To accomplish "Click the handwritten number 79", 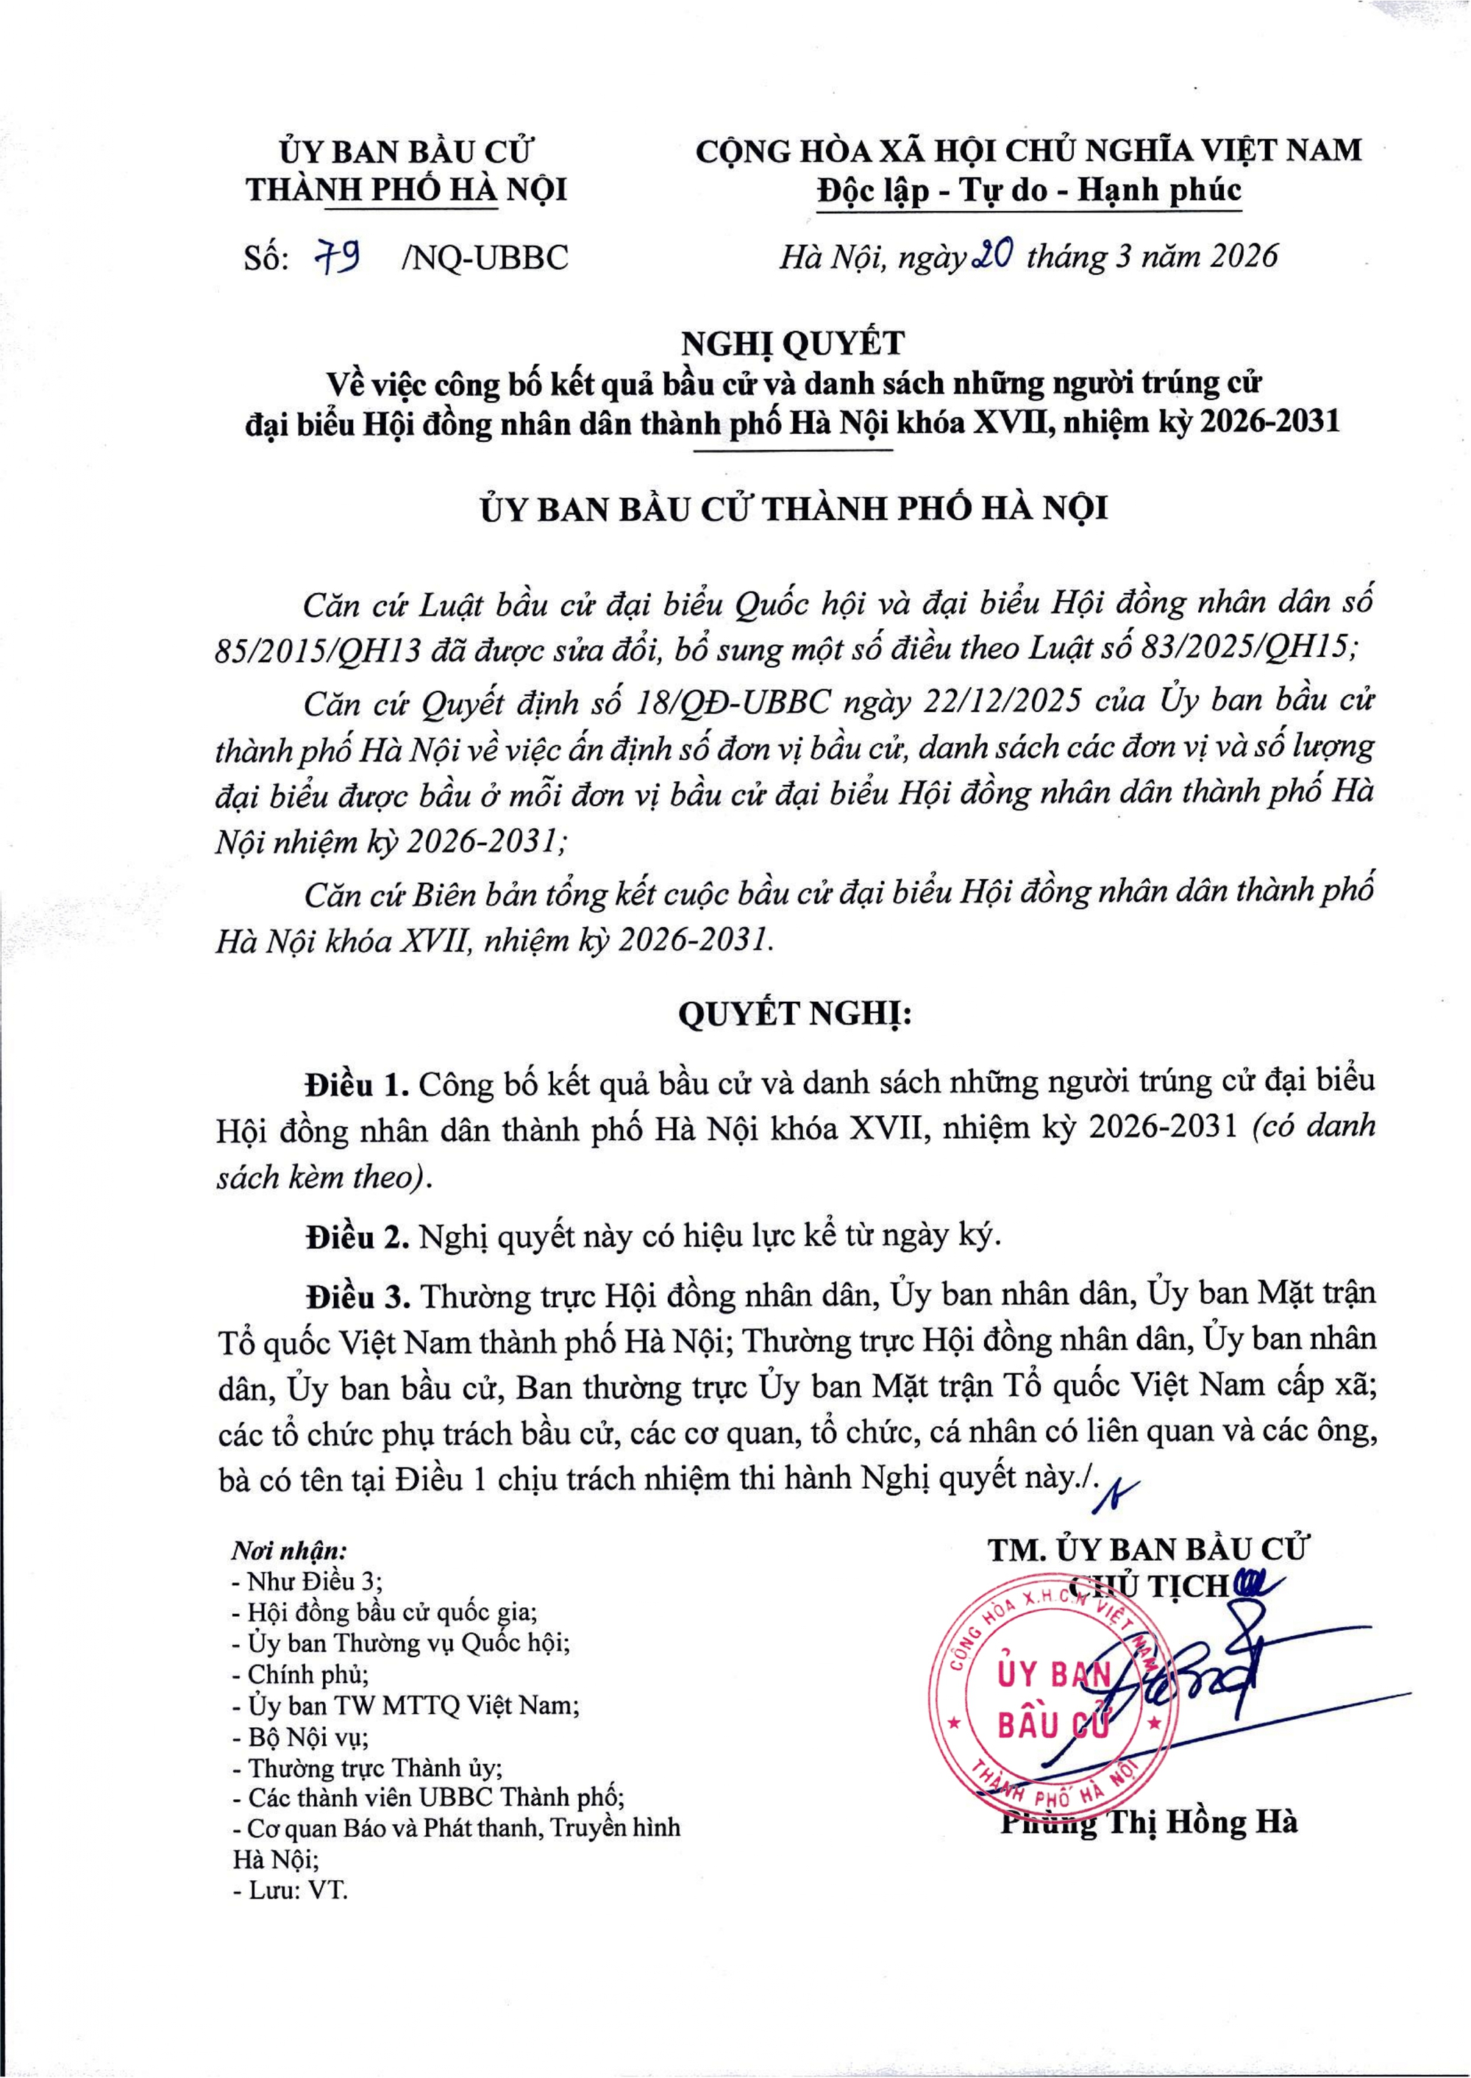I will [x=338, y=259].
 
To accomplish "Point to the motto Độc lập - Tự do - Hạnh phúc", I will [x=1028, y=191].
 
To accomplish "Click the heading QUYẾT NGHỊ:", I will [x=794, y=1014].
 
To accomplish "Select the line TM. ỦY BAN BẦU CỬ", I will [x=1147, y=1550].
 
